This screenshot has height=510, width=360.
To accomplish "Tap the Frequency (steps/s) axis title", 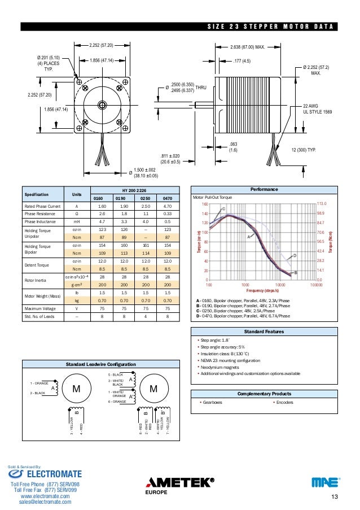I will [260, 291].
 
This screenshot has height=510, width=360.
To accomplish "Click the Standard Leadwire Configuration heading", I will [101, 365].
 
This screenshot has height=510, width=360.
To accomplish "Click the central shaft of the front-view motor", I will [102, 104].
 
